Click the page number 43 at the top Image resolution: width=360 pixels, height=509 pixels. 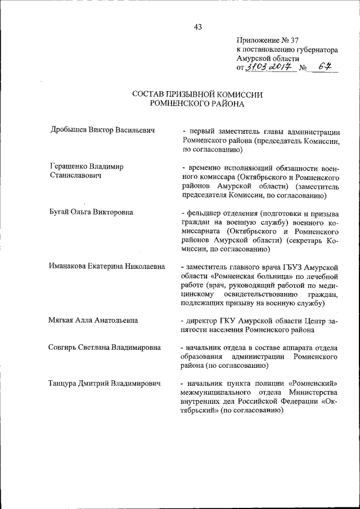tap(197, 26)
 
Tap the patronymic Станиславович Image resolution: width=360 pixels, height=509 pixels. tap(76, 177)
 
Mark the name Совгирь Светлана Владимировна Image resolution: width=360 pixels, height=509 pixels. tap(105, 348)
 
